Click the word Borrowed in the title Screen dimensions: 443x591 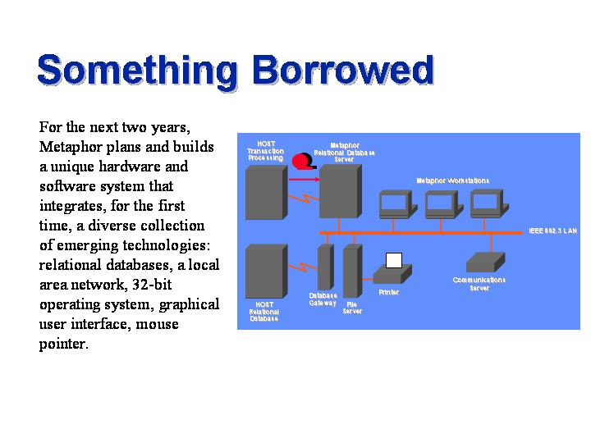(x=343, y=71)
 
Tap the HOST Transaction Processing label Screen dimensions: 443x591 (x=265, y=151)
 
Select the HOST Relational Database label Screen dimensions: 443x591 (x=264, y=312)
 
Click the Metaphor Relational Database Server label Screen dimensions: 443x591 (x=345, y=152)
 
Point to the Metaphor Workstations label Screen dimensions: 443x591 (x=452, y=180)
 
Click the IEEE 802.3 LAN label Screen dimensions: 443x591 (x=552, y=231)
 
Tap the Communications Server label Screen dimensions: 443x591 (x=479, y=284)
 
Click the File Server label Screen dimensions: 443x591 (x=352, y=308)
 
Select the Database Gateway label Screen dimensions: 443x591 (x=323, y=299)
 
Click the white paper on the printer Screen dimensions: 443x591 (x=394, y=260)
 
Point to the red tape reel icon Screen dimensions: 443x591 (x=303, y=160)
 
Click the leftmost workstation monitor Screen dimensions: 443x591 (x=396, y=201)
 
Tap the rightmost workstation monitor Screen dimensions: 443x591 (x=485, y=201)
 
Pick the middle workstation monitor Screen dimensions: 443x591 (x=441, y=201)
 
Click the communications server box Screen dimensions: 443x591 (x=485, y=263)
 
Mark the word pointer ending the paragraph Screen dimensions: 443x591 (x=63, y=344)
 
